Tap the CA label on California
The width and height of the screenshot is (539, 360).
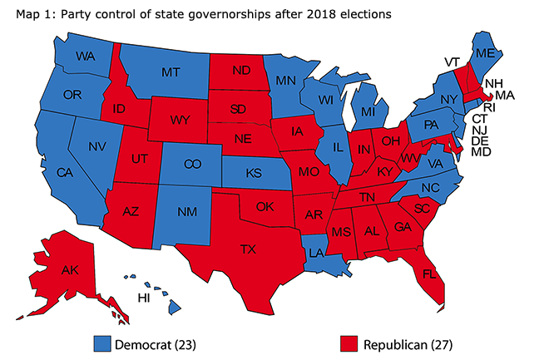64,172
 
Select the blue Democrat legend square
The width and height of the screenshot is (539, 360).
102,342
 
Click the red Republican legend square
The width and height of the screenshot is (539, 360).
350,342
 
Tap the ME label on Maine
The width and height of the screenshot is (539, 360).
491,52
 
